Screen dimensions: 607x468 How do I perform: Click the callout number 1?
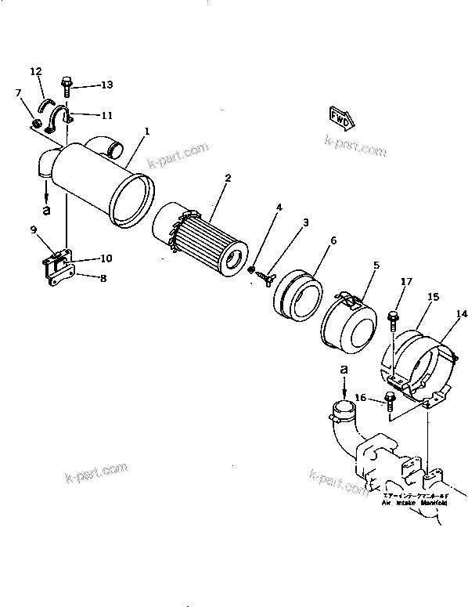pos(146,131)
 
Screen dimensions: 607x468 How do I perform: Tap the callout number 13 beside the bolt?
pos(106,85)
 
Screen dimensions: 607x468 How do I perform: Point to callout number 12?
pos(36,71)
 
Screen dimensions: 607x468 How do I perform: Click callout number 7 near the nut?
pos(18,93)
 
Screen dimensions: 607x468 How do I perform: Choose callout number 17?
pos(406,282)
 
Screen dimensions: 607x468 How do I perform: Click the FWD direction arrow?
pos(339,118)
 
